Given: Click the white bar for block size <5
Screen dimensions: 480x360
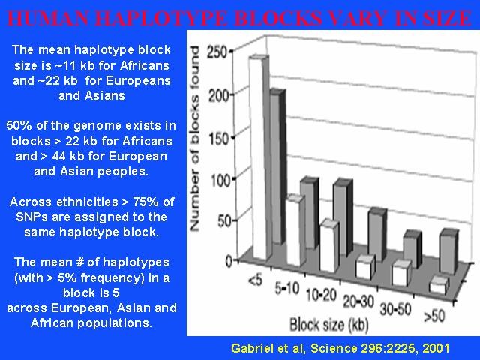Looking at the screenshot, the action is click(259, 157).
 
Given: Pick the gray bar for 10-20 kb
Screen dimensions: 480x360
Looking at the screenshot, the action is click(343, 217).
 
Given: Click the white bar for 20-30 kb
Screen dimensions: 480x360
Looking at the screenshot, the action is click(365, 266).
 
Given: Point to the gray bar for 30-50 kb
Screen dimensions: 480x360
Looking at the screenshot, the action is click(412, 249).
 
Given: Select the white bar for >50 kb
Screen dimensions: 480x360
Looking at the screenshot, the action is click(439, 285).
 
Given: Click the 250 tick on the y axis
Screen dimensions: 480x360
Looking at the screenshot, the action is click(217, 52).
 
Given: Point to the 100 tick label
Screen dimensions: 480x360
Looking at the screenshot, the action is click(220, 180).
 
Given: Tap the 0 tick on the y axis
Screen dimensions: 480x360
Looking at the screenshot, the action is click(229, 261).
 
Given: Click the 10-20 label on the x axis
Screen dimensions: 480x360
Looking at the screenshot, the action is click(322, 295).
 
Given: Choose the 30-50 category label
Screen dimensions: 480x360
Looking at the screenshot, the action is click(395, 308).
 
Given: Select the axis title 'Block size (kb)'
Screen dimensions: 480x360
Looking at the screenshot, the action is click(328, 325).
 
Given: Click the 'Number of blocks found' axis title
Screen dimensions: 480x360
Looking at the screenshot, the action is click(195, 138).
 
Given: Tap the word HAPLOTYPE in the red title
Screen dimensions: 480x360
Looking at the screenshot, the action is click(163, 18).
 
